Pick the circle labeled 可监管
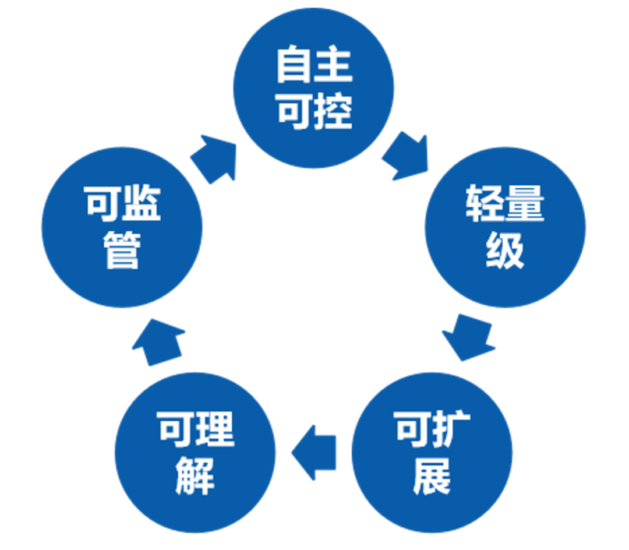coord(122,227)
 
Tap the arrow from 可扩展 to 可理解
coord(314,453)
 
